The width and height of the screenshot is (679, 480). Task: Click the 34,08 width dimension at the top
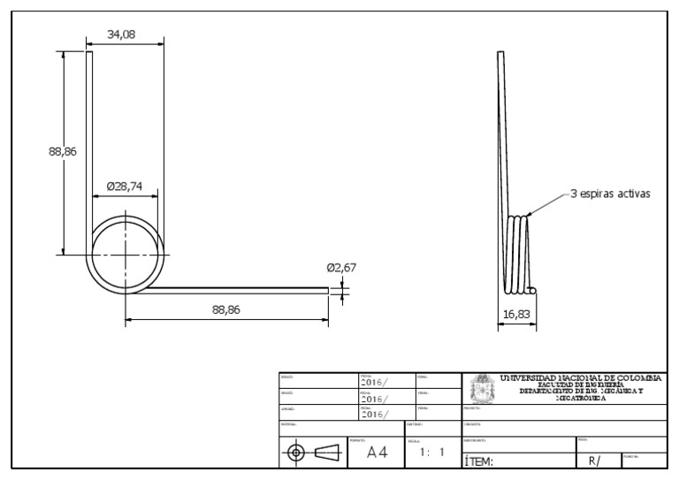(x=126, y=34)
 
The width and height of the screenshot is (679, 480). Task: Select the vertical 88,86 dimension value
(x=62, y=151)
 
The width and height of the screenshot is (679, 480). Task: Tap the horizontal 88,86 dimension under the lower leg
(x=227, y=309)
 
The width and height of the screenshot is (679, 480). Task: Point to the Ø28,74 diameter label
(x=125, y=187)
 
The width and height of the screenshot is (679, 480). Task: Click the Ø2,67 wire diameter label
(x=341, y=267)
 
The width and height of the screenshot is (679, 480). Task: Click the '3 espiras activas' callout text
(x=609, y=194)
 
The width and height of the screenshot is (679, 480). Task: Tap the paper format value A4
(x=378, y=452)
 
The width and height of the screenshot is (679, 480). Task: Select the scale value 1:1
(x=431, y=452)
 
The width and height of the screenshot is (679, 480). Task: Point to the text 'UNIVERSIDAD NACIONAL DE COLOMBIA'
(x=580, y=378)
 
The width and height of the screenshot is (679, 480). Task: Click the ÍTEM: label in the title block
(x=478, y=461)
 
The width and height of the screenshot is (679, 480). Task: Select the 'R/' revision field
(x=593, y=461)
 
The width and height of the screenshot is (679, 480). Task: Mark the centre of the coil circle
(x=126, y=254)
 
